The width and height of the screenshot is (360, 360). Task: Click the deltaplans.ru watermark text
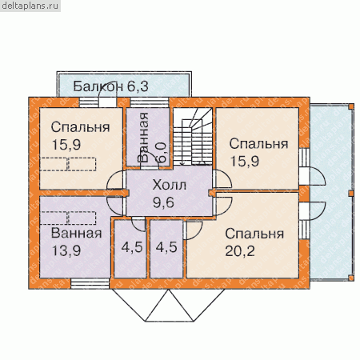click(30, 6)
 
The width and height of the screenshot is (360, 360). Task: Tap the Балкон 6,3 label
click(110, 86)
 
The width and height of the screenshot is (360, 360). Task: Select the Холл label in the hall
click(169, 185)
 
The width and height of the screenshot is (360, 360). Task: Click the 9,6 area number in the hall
click(163, 202)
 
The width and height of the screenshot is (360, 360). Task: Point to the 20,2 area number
click(240, 251)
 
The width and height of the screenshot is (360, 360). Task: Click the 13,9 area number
click(66, 250)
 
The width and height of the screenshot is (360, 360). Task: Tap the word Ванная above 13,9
click(77, 233)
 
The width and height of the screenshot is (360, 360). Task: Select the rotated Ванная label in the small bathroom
click(143, 138)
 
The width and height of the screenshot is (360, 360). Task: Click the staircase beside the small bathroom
click(193, 137)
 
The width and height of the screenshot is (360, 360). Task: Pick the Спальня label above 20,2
click(254, 234)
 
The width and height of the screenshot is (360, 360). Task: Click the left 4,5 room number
click(132, 247)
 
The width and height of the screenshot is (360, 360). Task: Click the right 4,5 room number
click(166, 247)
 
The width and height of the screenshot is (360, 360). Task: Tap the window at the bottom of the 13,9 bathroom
click(90, 284)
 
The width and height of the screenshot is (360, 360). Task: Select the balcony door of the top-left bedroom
click(108, 102)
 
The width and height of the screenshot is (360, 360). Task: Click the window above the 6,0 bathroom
click(150, 102)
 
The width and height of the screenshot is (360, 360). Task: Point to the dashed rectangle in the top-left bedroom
click(68, 164)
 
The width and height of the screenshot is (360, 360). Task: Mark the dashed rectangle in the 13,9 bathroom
click(68, 218)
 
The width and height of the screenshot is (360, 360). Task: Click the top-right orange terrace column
click(351, 106)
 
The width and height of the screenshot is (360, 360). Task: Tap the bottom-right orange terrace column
click(351, 278)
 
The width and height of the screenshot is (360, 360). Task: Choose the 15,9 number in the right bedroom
click(244, 161)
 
